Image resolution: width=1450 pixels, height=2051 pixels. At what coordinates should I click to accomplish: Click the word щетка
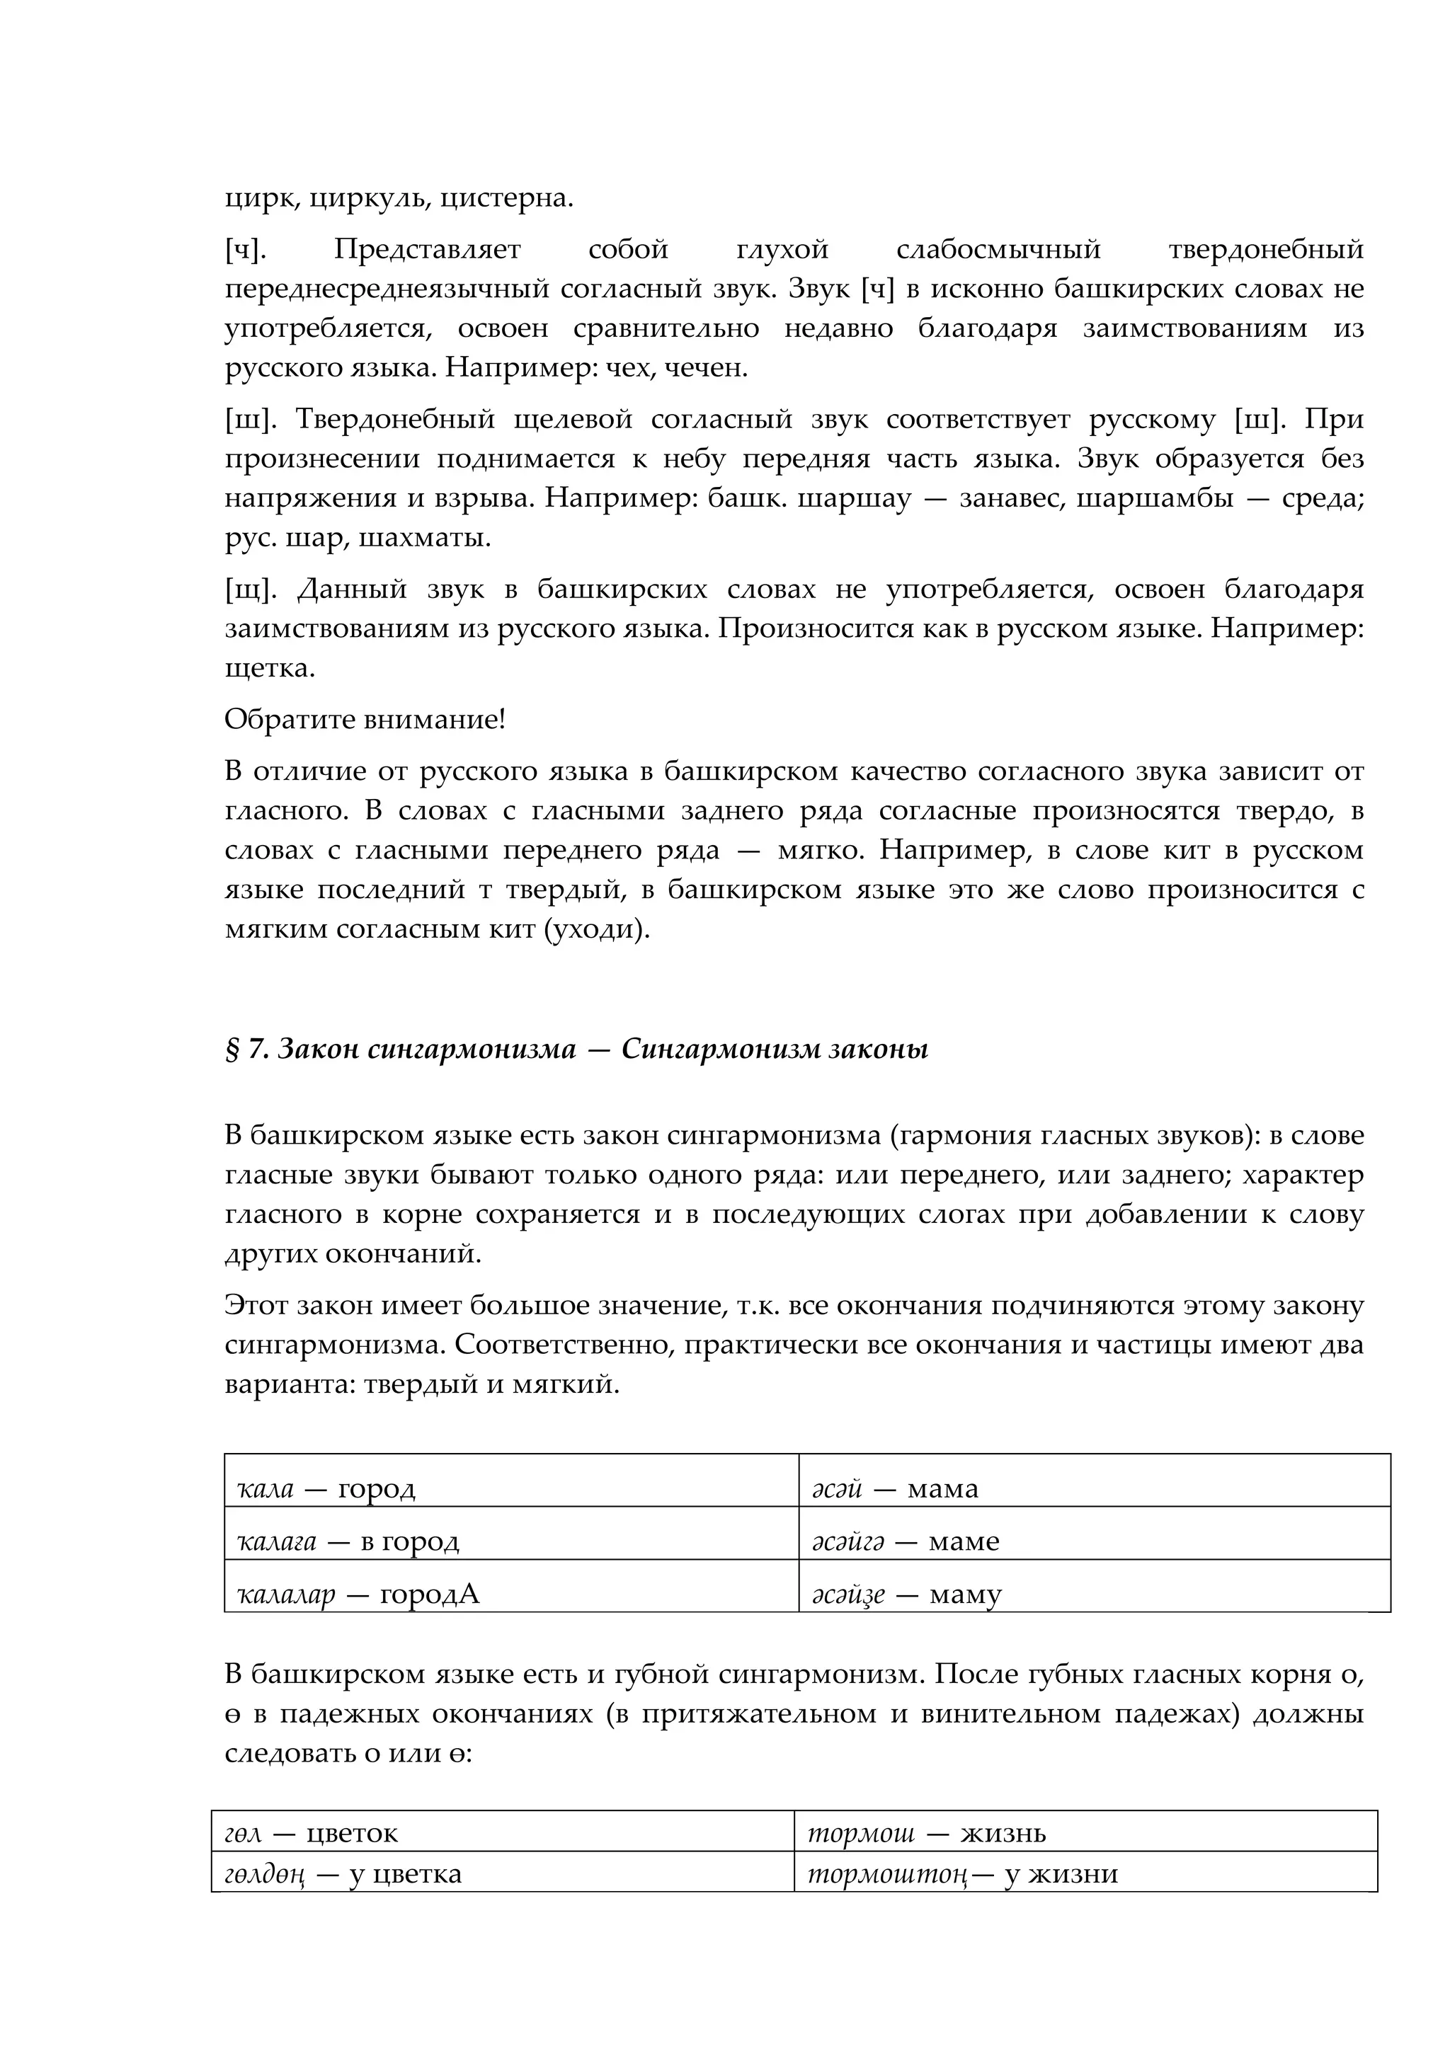coord(269,668)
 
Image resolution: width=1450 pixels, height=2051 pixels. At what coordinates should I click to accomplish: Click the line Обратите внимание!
coord(365,719)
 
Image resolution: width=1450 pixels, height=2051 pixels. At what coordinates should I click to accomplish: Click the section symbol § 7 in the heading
coord(246,1049)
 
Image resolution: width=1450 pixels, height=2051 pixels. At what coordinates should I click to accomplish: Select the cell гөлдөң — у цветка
coord(502,1874)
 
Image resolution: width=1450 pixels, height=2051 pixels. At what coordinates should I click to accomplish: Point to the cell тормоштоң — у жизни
coord(1085,1874)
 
